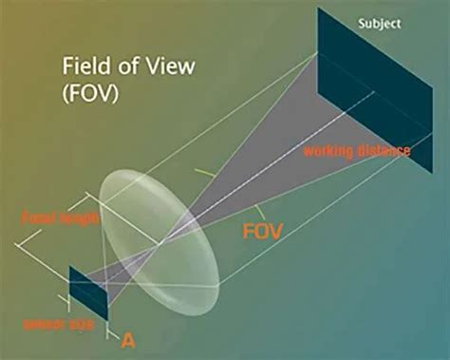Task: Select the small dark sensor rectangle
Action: pos(87,292)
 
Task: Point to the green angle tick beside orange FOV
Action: pos(256,210)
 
